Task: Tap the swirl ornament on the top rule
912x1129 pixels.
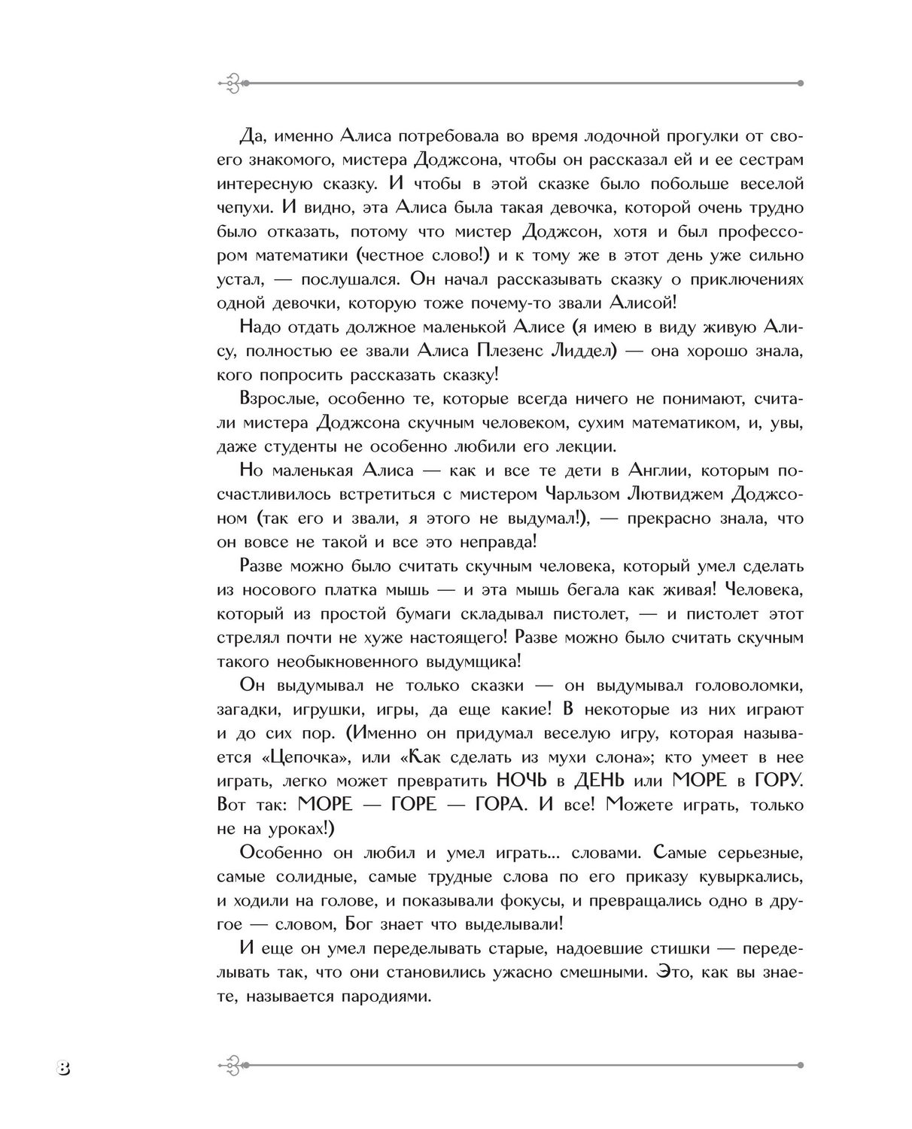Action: coord(231,83)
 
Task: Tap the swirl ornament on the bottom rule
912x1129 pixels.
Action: coord(231,1065)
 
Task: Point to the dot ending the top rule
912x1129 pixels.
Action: coord(800,83)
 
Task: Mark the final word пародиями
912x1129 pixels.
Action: coord(388,996)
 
